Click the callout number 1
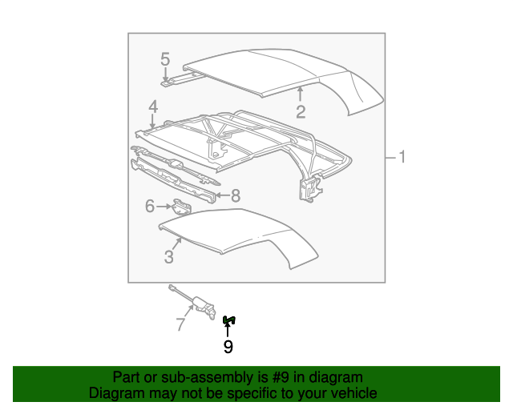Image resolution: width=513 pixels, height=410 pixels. point(402,158)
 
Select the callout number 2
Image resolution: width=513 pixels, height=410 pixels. point(301,111)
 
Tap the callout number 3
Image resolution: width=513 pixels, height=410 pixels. point(169,256)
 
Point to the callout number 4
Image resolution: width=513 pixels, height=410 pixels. point(152,107)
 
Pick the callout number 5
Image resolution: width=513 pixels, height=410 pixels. point(165,58)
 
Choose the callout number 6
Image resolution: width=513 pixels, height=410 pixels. point(149,207)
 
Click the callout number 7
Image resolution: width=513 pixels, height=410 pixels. point(180,324)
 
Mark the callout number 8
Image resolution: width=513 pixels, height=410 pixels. point(236,195)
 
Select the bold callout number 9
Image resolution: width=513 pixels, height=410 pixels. point(228,346)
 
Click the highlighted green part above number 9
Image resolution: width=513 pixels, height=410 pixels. point(228,320)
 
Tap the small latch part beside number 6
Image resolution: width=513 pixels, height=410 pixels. point(183,206)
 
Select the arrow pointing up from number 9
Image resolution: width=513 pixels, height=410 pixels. point(228,331)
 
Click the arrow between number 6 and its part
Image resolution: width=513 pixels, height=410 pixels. point(164,207)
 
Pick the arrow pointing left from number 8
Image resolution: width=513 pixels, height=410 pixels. point(222,195)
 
